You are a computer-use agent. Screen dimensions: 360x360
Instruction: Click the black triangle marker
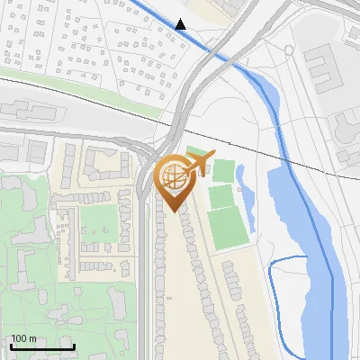click(x=181, y=24)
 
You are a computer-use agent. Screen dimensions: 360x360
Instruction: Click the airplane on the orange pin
click(x=199, y=160)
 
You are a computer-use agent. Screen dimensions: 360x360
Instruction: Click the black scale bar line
click(x=41, y=346)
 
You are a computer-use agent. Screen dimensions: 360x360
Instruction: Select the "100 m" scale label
click(x=24, y=339)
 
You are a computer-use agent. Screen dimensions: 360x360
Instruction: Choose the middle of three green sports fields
click(x=220, y=195)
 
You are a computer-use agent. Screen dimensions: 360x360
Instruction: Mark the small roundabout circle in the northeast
click(x=288, y=50)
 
